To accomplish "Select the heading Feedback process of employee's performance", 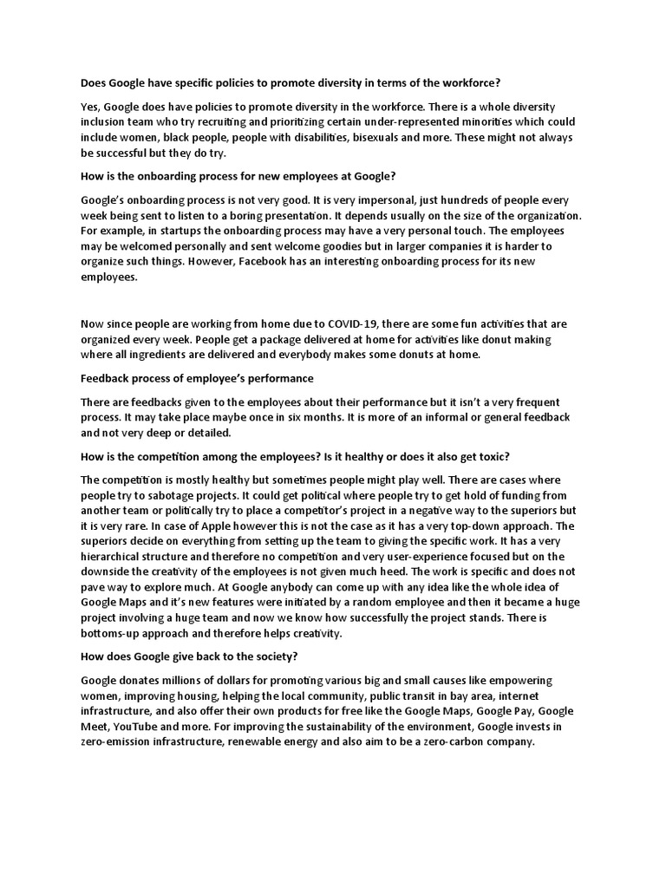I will (x=197, y=379).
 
